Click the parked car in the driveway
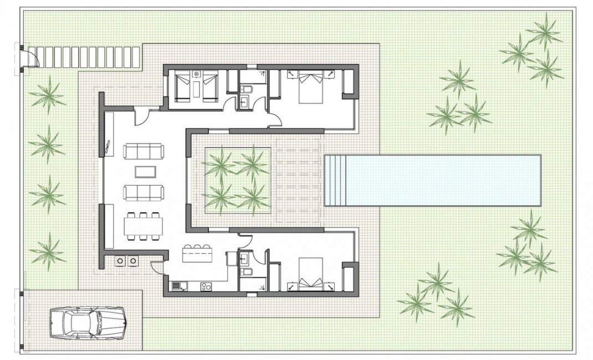(x=88, y=323)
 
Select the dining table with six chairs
(x=144, y=226)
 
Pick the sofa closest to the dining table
(x=144, y=192)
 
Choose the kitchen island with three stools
(x=197, y=255)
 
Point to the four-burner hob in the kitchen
(x=205, y=286)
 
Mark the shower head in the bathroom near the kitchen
(x=260, y=285)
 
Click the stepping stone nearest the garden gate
(x=40, y=56)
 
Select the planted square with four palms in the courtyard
(x=238, y=181)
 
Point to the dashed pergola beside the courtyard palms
(x=299, y=181)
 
